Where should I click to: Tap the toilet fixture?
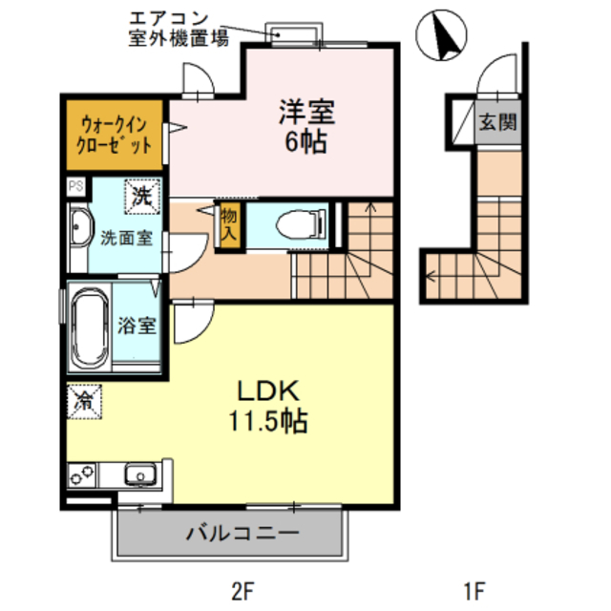[x=301, y=224]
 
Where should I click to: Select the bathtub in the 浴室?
[x=90, y=327]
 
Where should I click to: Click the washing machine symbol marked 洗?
[x=142, y=197]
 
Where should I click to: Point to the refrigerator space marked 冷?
[x=84, y=401]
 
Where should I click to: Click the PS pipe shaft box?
[x=76, y=186]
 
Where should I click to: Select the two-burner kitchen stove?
[x=82, y=474]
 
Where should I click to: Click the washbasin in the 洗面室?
[x=80, y=228]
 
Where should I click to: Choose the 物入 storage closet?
[x=229, y=224]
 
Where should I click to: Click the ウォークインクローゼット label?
[x=114, y=135]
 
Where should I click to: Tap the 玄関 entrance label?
[x=498, y=122]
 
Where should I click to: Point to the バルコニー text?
[x=242, y=533]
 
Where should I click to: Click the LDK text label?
[x=268, y=390]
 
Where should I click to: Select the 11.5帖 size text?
[x=268, y=421]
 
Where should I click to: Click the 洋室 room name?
[x=306, y=113]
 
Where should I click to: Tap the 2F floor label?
[x=242, y=591]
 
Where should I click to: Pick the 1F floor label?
[x=474, y=591]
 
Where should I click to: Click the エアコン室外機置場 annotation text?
[x=179, y=29]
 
